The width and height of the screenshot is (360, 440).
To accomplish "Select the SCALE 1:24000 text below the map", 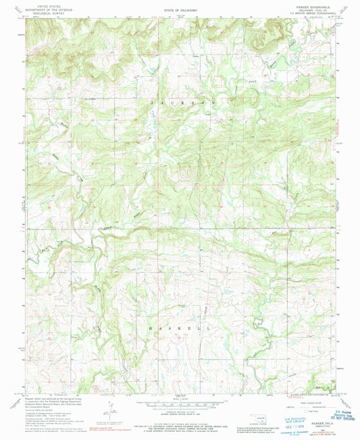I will click(180, 398).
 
